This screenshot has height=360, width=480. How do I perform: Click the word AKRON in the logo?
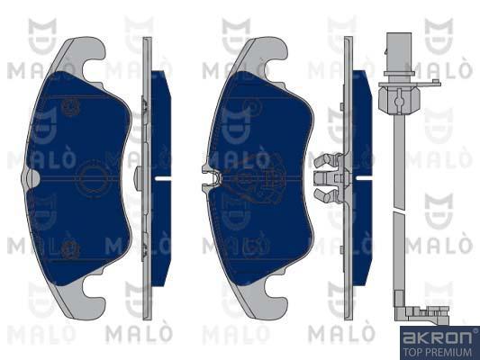[x=437, y=337]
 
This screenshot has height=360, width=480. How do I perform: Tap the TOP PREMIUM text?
[x=437, y=352]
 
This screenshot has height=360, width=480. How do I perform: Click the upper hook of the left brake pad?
[x=89, y=58]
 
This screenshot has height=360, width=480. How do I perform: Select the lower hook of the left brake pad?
[x=89, y=298]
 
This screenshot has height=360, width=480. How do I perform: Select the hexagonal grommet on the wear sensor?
[x=398, y=98]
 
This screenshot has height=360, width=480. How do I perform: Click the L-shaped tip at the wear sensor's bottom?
[x=420, y=312]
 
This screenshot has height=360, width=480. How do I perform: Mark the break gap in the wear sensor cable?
[x=399, y=211]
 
